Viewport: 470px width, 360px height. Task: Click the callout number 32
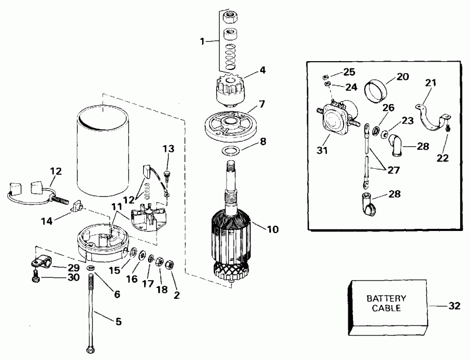click(454, 306)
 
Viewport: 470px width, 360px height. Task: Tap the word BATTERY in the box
click(386, 299)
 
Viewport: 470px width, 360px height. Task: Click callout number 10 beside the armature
click(272, 228)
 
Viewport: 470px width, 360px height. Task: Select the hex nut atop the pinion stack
click(229, 17)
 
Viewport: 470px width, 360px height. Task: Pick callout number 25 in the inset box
click(348, 72)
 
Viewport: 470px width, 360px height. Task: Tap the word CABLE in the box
click(386, 308)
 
